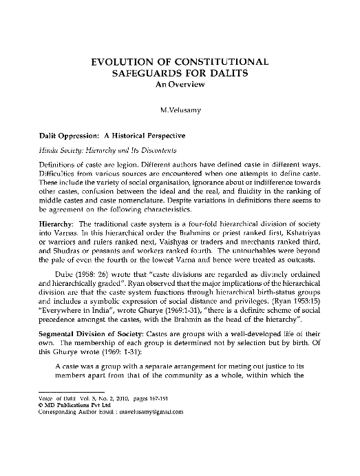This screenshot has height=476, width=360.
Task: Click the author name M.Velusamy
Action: (180, 108)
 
